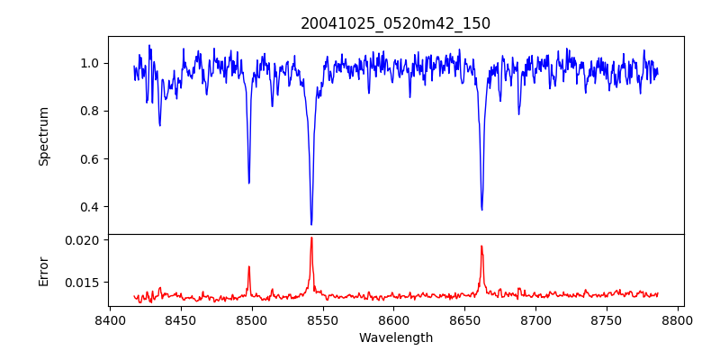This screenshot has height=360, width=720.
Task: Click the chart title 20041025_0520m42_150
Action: pos(395,23)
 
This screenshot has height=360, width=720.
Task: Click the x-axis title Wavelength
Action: pos(395,338)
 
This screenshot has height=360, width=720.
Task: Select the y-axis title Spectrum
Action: pos(43,136)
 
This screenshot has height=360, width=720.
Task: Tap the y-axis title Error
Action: pos(43,270)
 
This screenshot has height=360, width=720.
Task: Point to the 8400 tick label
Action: pos(109,320)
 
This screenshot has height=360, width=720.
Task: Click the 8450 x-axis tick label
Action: pos(180,320)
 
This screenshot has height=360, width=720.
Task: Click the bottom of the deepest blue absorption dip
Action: pos(311,224)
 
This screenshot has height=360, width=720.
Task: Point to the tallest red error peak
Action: pos(311,238)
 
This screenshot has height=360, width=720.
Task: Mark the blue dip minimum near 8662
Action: pos(481,210)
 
